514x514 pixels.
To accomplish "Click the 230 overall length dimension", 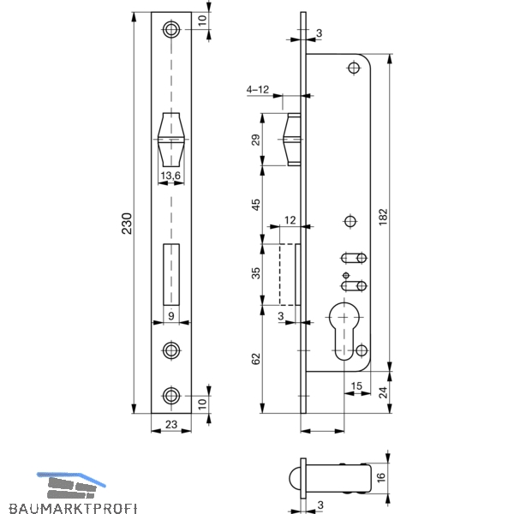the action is coord(127,224).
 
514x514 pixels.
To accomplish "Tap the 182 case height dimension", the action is coord(383,217).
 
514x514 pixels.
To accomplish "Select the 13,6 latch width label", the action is coord(170,176).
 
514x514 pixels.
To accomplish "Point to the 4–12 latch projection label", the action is coord(258,89).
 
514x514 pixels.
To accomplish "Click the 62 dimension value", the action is coord(255,359).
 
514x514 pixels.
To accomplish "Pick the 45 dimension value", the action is coord(255,205).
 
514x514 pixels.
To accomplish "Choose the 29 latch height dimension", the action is coord(255,140).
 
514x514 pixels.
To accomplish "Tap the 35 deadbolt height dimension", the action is coord(255,273).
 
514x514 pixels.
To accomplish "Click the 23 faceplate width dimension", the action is coord(171,424).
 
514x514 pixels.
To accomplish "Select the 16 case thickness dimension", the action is coord(381,478).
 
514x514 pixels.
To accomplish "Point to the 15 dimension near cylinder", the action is coord(356,385).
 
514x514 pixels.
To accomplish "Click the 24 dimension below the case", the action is coord(383,392).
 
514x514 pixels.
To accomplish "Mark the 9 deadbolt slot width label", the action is coord(170,316).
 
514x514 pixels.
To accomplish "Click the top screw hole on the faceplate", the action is coord(171,29).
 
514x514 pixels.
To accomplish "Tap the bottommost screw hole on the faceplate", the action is coord(171,396).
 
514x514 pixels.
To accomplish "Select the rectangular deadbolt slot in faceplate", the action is coord(171,275).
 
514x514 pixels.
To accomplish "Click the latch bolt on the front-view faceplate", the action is coord(171,140).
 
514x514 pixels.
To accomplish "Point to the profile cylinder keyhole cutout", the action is coord(344,331).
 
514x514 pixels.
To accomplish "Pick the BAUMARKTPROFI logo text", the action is coord(73,508).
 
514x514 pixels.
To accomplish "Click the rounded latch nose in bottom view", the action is coord(295,478).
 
